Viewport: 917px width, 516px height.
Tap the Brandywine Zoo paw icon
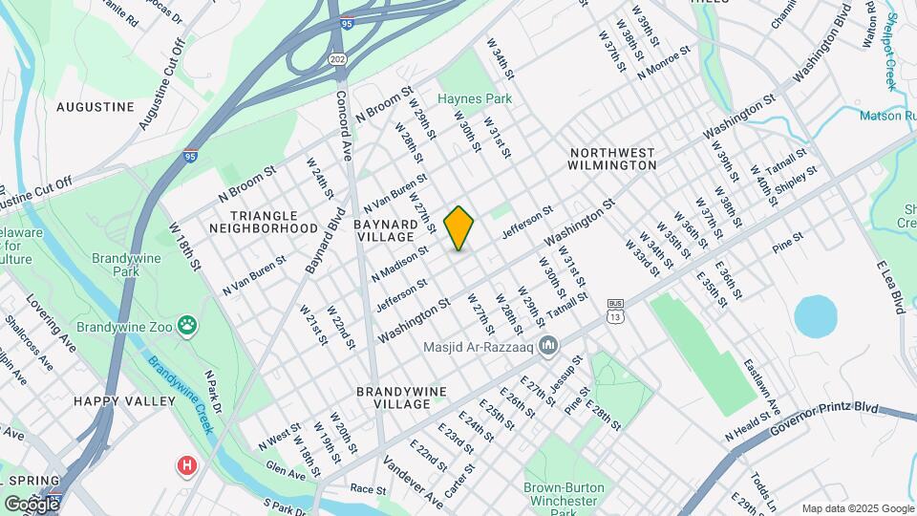(x=188, y=327)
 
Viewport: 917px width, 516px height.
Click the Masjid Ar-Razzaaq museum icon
(x=548, y=345)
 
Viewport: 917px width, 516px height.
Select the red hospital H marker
(x=187, y=466)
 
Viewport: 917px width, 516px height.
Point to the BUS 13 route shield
(x=616, y=311)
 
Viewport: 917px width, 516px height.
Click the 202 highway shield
(x=339, y=58)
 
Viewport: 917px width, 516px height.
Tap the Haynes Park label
(x=476, y=98)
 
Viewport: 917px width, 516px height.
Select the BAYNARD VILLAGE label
(x=397, y=230)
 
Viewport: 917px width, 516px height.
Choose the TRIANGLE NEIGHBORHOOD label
(x=263, y=222)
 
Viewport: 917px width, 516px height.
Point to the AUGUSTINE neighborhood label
(x=96, y=107)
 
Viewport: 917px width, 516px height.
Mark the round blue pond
(x=815, y=315)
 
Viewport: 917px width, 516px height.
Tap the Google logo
(x=32, y=505)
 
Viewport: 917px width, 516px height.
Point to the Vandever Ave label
(x=414, y=482)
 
